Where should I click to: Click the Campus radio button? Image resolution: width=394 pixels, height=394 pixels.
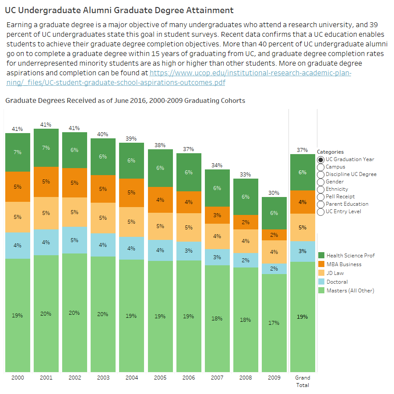coord(321,167)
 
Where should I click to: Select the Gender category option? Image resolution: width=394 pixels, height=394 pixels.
coord(321,182)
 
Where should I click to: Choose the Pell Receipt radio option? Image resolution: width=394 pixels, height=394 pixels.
coord(321,197)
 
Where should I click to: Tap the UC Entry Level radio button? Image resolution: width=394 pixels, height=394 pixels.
coord(321,211)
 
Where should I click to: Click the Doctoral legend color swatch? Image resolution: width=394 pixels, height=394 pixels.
coord(321,282)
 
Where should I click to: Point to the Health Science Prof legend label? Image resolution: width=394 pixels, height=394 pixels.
coord(350,256)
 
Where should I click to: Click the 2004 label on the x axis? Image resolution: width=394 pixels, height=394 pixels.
coord(132,378)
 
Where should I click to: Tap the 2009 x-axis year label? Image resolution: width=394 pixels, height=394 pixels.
coord(274,378)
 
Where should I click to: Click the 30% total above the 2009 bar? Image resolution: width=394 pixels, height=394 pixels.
coord(274,193)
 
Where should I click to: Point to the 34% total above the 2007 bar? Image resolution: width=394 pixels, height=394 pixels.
coord(217,165)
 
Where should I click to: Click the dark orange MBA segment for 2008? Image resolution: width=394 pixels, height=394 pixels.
coord(246,222)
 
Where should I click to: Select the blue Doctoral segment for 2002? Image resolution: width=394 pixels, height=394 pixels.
coord(74,240)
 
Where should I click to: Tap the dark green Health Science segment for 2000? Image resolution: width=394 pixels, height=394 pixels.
coord(18,152)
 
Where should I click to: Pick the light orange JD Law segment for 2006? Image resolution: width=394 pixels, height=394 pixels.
coord(189,227)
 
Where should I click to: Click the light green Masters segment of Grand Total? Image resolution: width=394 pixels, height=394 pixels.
coord(303,317)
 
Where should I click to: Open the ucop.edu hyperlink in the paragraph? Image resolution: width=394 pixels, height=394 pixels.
coord(250,73)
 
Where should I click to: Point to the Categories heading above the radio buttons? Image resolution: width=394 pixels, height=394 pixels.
coord(330,152)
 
